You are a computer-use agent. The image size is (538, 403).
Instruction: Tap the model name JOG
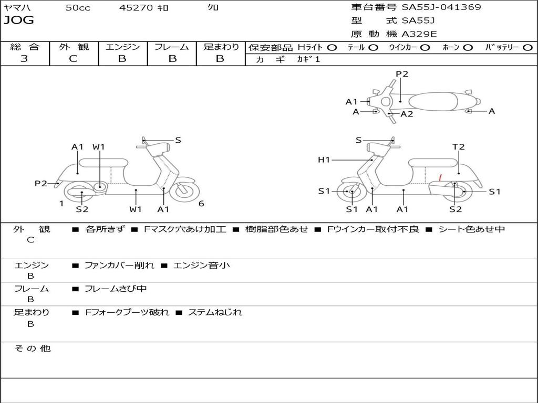[x=18, y=20]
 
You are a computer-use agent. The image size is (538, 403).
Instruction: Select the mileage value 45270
[x=136, y=8]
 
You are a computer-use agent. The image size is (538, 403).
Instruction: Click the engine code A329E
[x=419, y=34]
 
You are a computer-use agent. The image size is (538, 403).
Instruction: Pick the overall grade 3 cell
[x=24, y=59]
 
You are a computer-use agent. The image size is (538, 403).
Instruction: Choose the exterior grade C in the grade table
[x=73, y=59]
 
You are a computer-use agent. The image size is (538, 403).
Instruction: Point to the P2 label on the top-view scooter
[x=402, y=74]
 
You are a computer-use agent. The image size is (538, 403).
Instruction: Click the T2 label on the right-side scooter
[x=459, y=147]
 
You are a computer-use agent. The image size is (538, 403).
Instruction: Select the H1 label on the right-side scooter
[x=324, y=160]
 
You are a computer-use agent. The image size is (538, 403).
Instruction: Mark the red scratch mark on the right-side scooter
[x=440, y=178]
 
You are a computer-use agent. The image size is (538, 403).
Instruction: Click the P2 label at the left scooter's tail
[x=41, y=183]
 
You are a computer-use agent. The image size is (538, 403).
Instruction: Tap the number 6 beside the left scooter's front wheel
[x=201, y=204]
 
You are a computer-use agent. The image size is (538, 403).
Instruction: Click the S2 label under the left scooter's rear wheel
[x=82, y=209]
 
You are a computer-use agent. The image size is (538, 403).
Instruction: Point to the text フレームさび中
[x=116, y=289]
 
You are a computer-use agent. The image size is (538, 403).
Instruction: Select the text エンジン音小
[x=201, y=266]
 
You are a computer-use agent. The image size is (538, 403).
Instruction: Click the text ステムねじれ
[x=215, y=312]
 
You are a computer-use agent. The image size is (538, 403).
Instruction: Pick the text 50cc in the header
[x=78, y=8]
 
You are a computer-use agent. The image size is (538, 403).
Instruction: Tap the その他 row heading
[x=32, y=348]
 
